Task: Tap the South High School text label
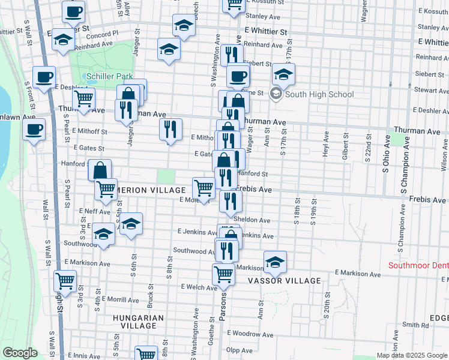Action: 319,94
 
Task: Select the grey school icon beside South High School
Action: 276,94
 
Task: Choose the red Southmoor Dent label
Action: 418,265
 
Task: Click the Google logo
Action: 20,353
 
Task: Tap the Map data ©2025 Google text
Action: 412,355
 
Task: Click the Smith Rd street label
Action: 416,325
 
